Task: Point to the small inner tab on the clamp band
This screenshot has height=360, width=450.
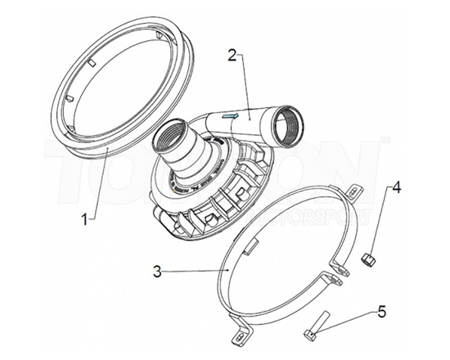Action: (x=253, y=244)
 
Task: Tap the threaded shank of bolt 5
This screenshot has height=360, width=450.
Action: (x=320, y=320)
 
